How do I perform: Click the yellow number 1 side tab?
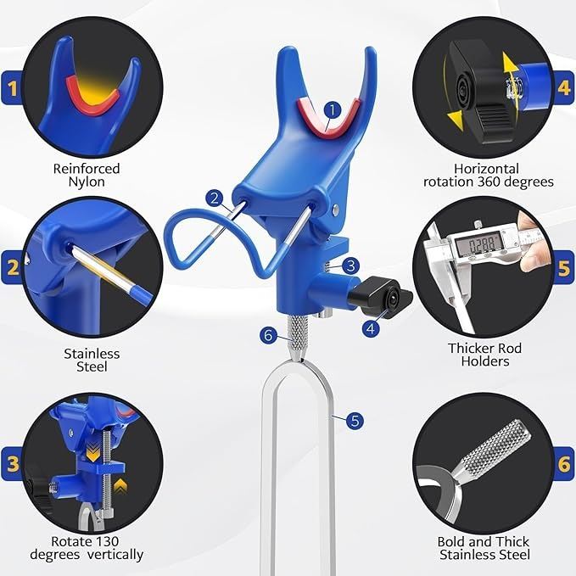[x=11, y=87]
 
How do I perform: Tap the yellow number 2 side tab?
[x=11, y=267]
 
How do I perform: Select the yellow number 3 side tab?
[x=11, y=464]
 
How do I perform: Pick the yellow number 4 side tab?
[x=564, y=87]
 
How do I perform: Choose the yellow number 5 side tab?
[x=564, y=267]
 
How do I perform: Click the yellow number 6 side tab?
[x=564, y=464]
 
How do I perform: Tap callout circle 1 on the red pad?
[x=333, y=109]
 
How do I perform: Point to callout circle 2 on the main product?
[x=215, y=199]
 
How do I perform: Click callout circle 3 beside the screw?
[x=351, y=266]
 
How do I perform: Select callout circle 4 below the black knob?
[x=371, y=327]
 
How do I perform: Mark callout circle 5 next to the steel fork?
[x=355, y=421]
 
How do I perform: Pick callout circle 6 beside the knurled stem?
[x=268, y=335]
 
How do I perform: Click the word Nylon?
[x=87, y=182]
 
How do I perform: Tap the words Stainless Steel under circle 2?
[x=92, y=360]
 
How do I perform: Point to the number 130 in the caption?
[x=106, y=541]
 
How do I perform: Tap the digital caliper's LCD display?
[x=477, y=244]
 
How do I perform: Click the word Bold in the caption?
[x=450, y=541]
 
